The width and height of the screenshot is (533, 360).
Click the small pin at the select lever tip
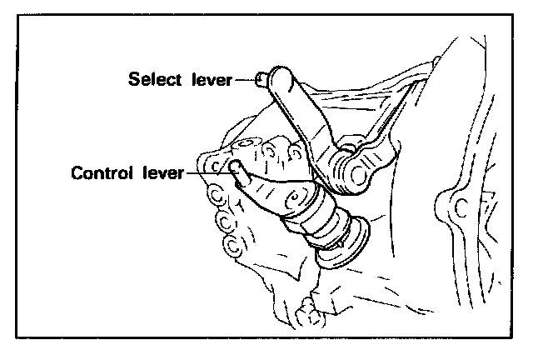tap(263, 79)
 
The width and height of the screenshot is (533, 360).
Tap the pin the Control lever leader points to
tap(238, 172)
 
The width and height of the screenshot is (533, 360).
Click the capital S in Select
tap(134, 80)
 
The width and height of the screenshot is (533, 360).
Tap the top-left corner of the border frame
tap(17, 17)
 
